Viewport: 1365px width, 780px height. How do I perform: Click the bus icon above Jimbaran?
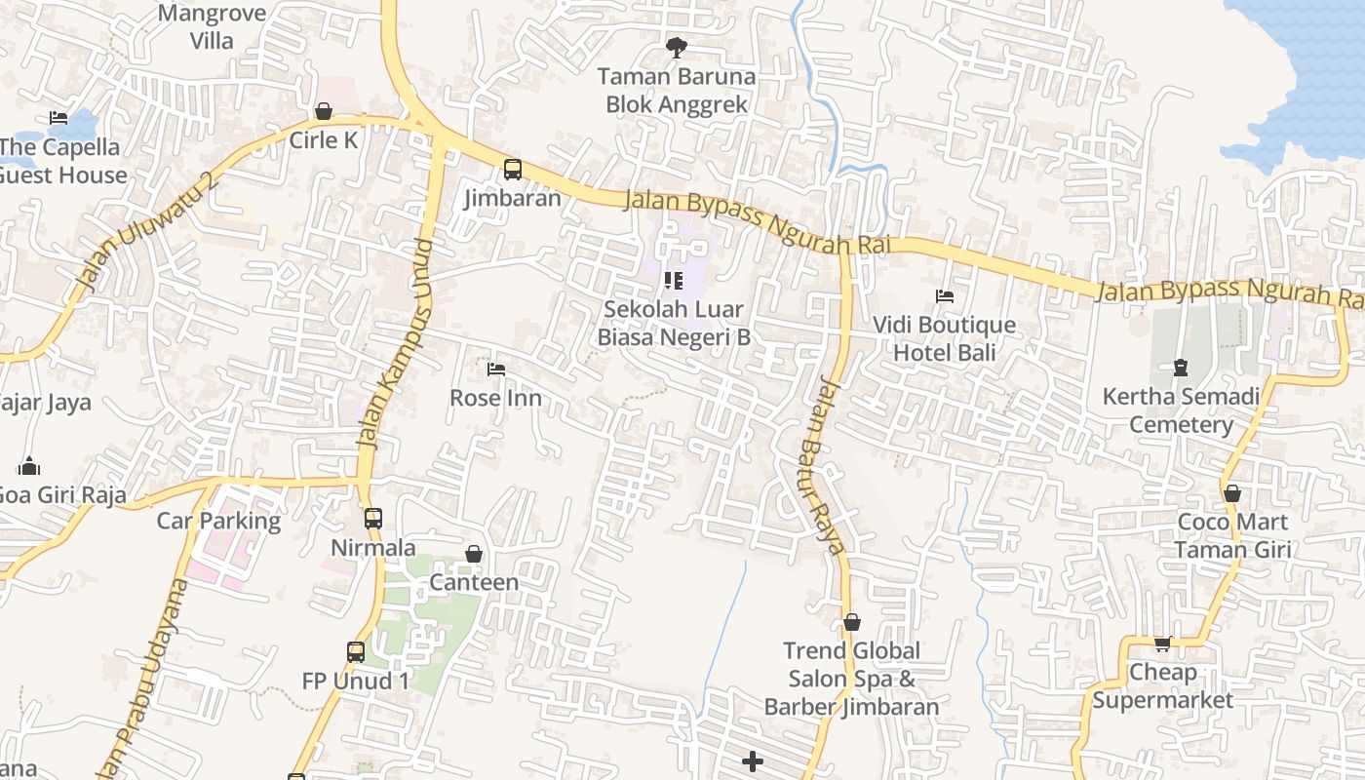[x=513, y=170]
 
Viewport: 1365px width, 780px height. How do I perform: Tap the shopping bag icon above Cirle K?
[x=324, y=111]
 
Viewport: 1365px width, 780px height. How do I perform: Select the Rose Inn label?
[x=495, y=398]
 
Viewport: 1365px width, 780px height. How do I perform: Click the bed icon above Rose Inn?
[x=496, y=370]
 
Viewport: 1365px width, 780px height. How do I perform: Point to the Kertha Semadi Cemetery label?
[x=1181, y=410]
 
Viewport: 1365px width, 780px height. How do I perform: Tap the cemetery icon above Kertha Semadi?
[x=1181, y=368]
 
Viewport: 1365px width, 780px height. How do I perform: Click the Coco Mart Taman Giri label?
[x=1232, y=535]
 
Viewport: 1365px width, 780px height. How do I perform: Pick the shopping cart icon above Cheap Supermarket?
[x=1162, y=643]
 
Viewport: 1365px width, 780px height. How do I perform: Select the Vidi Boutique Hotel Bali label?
[x=944, y=338]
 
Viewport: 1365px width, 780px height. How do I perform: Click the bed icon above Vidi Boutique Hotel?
[x=944, y=295]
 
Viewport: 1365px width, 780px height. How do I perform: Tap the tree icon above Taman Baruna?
[x=676, y=46]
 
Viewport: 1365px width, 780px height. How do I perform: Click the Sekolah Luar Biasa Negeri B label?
[x=674, y=323]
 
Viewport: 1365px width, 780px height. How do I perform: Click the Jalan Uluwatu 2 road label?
[x=147, y=231]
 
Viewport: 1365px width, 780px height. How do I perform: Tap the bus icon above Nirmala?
[x=373, y=518]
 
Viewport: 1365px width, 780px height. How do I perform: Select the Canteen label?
[x=474, y=582]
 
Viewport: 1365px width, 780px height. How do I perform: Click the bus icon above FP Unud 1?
[x=356, y=651]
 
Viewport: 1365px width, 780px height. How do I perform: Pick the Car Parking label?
[x=218, y=521]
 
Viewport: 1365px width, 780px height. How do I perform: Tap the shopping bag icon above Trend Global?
[x=852, y=622]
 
